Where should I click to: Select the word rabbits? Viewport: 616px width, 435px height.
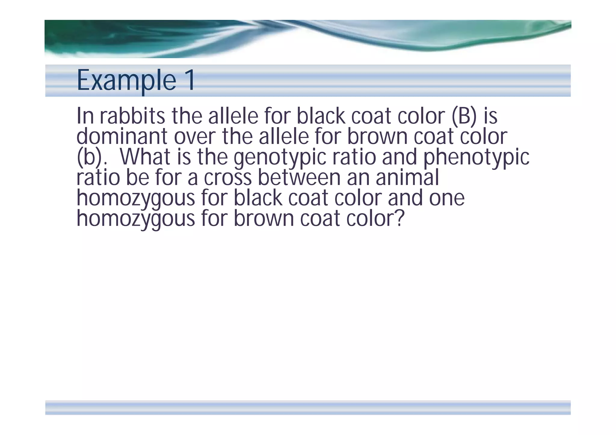point(132,116)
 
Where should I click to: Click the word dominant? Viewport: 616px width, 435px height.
point(122,136)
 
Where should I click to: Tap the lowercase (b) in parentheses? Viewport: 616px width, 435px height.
point(89,157)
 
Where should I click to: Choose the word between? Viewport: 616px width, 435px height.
point(299,177)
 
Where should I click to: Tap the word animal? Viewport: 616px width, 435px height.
point(407,177)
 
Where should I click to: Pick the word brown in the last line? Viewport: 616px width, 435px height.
point(264,218)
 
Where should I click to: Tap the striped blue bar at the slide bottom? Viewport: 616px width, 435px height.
point(308,408)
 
